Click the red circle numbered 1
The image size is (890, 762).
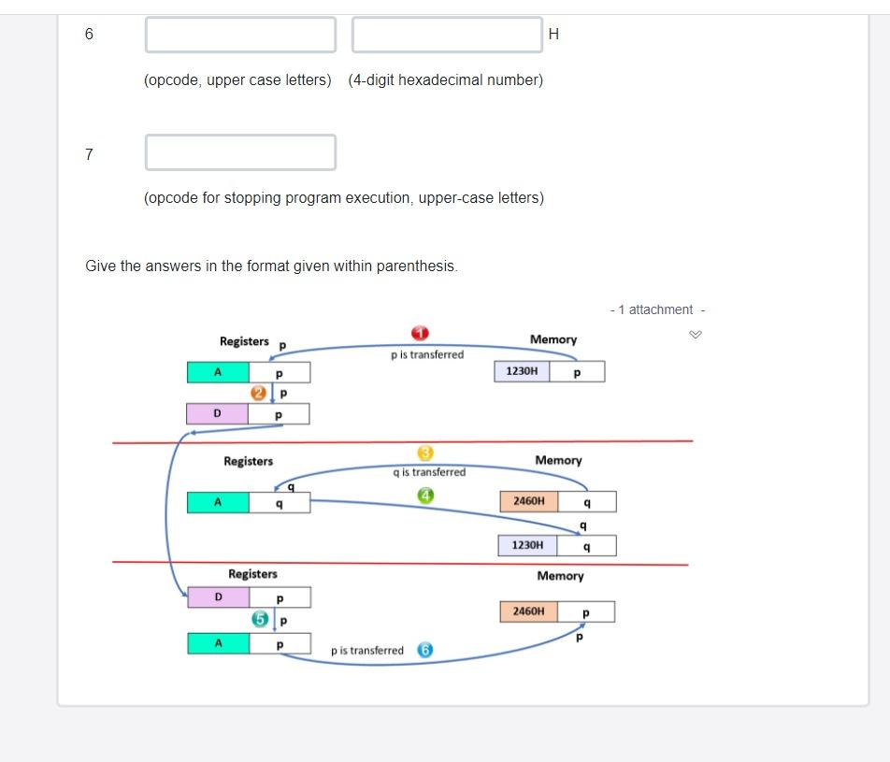[420, 334]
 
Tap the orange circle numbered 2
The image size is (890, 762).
[259, 394]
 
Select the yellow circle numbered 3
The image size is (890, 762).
[425, 453]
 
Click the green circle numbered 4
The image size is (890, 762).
[425, 496]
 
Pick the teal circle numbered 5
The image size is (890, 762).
[261, 619]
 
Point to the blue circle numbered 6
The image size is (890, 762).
[424, 650]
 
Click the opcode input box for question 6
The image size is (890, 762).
[240, 35]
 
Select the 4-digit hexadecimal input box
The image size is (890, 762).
[447, 35]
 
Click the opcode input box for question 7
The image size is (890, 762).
[240, 152]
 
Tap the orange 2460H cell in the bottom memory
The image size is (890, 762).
[528, 611]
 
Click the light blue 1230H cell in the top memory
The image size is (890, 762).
[522, 371]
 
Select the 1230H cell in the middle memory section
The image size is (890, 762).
[527, 545]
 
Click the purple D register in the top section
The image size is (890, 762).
[218, 413]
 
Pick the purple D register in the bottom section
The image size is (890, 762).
[219, 597]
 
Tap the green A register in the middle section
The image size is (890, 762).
[218, 502]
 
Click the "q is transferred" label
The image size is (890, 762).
[429, 472]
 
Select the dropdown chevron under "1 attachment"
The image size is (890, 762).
[695, 335]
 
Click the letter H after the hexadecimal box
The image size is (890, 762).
[553, 35]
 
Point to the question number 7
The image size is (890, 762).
[89, 154]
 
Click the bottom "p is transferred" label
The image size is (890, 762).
[367, 651]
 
